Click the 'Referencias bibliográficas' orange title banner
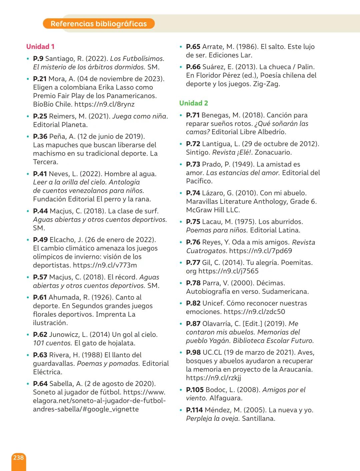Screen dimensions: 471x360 point(99,24)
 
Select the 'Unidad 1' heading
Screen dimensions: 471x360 point(40,47)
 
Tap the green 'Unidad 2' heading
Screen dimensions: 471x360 point(193,103)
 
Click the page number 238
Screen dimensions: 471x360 point(18,458)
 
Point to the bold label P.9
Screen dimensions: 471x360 point(38,59)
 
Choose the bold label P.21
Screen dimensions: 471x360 point(40,79)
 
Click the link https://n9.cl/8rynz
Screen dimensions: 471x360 point(104,104)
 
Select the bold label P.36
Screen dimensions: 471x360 point(40,137)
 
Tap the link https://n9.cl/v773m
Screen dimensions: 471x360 point(105,265)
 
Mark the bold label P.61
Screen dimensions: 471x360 point(40,297)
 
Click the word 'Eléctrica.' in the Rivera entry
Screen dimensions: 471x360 point(47,372)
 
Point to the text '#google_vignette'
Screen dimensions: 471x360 point(112,409)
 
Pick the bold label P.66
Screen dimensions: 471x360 point(193,67)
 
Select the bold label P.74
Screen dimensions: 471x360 point(193,193)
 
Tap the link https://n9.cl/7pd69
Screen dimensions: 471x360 point(260,251)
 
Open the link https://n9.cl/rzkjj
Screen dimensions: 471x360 point(213,378)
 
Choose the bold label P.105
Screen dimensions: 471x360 point(195,390)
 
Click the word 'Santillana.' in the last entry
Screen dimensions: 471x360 point(258,419)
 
